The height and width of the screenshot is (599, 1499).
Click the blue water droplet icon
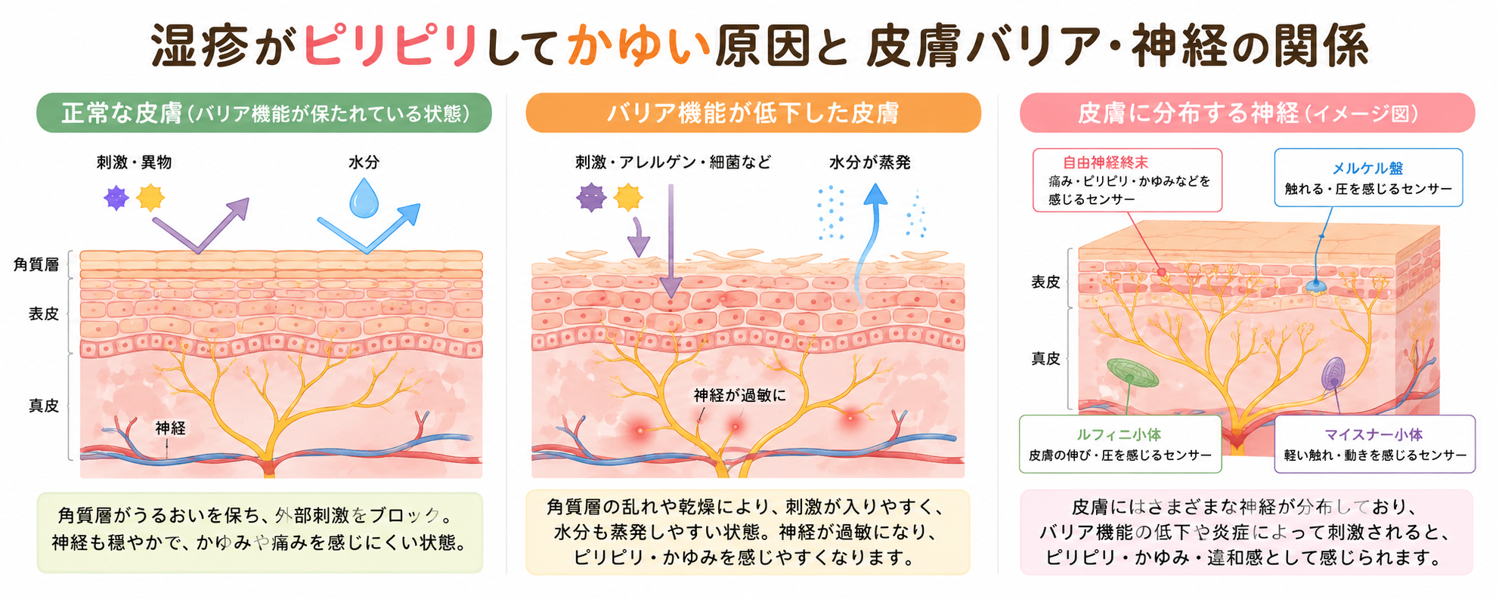(x=364, y=198)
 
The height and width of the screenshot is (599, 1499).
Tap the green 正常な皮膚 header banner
(x=265, y=113)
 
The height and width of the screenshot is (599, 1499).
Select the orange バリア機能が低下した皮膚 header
(x=753, y=113)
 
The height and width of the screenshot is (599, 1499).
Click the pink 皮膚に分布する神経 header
(x=1247, y=113)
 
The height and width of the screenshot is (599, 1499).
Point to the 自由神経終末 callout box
(x=1127, y=180)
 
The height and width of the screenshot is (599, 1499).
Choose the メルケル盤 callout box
(x=1368, y=178)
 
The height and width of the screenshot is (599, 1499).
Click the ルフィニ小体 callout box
(x=1120, y=444)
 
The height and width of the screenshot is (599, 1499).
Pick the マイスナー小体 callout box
(x=1374, y=444)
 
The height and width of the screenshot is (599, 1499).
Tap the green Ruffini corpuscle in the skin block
(x=1132, y=373)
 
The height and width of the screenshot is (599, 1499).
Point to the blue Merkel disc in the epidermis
(x=1315, y=286)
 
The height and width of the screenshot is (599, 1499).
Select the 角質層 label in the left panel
(x=36, y=264)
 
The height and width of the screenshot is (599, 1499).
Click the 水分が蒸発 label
(x=870, y=162)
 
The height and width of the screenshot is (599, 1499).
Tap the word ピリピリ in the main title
(x=391, y=45)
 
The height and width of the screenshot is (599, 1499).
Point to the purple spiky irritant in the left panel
(x=116, y=198)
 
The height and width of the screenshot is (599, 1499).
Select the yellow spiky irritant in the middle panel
(x=628, y=198)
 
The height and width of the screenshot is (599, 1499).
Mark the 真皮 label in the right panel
(x=1046, y=359)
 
